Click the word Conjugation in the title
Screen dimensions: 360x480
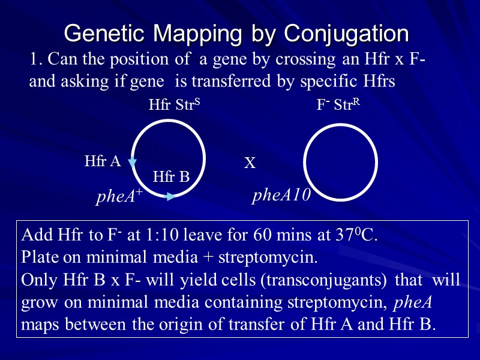[346, 34]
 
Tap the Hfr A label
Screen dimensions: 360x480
[103, 161]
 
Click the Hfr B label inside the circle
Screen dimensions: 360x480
[171, 176]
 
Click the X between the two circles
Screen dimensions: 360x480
[250, 163]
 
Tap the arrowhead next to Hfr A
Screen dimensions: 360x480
[133, 162]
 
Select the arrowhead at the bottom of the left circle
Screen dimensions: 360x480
[170, 196]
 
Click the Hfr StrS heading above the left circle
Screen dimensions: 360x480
[174, 106]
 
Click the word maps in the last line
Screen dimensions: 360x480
[40, 325]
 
